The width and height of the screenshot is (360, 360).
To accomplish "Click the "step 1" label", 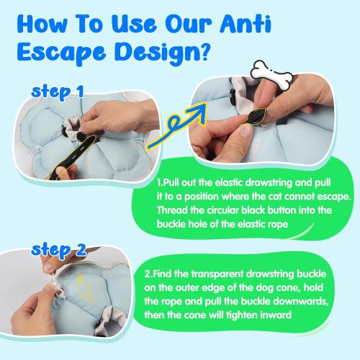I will [x=58, y=91].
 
